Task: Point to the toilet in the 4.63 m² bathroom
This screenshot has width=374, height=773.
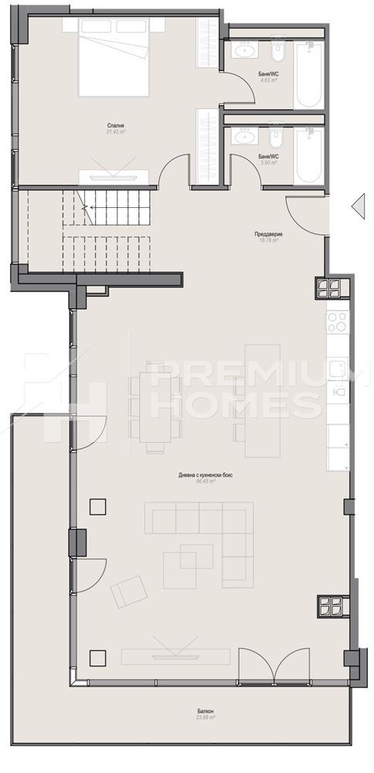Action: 277,52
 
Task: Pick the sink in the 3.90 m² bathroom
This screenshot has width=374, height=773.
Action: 246,138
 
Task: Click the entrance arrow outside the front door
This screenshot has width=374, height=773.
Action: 357,206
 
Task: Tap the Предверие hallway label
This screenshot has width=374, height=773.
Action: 268,234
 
